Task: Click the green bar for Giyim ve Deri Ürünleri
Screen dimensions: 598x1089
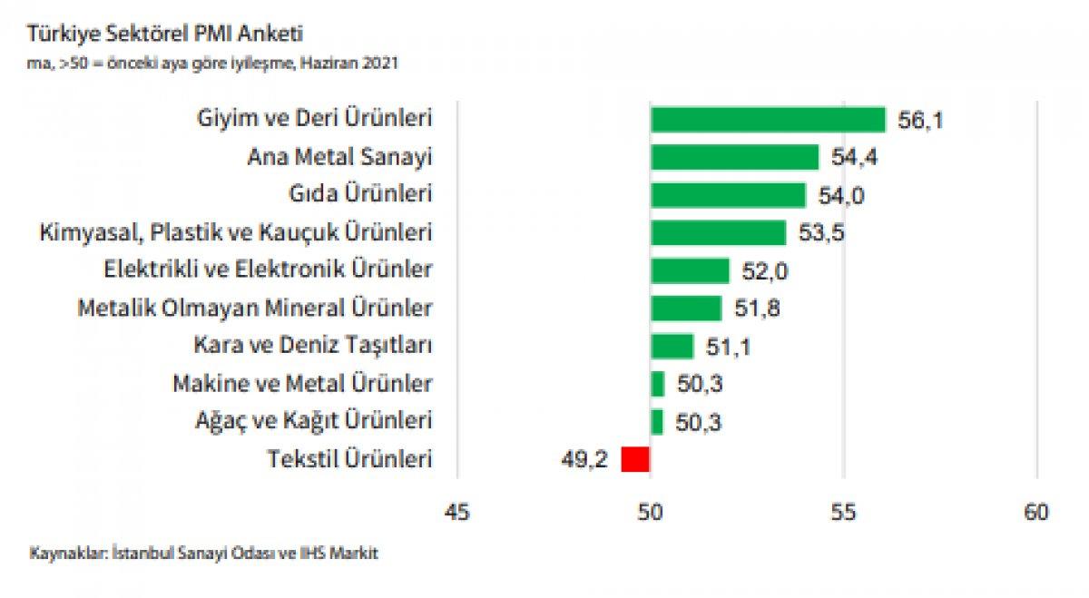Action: point(768,120)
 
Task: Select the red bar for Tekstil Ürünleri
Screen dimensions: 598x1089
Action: point(635,459)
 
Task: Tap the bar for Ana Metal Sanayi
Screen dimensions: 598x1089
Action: point(734,158)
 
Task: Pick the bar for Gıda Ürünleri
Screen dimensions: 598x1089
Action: point(728,195)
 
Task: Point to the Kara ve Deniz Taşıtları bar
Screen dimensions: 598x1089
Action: point(672,346)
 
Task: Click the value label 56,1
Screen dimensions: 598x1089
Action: point(920,121)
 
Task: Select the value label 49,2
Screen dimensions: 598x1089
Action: point(584,460)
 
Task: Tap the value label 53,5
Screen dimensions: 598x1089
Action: point(821,233)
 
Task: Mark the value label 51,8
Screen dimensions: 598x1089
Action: point(757,309)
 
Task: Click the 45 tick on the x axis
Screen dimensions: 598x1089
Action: point(456,513)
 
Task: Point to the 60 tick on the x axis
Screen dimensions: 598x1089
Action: point(1035,513)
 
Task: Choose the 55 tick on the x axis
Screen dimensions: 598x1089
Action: point(844,513)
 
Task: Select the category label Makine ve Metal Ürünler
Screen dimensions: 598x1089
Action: point(302,384)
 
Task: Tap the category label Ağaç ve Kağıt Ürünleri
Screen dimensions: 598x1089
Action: point(313,421)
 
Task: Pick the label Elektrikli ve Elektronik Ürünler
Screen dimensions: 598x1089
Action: point(269,270)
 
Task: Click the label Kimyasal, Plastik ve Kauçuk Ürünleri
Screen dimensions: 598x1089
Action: point(235,232)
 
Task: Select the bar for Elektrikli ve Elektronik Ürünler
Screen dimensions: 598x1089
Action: point(690,270)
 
